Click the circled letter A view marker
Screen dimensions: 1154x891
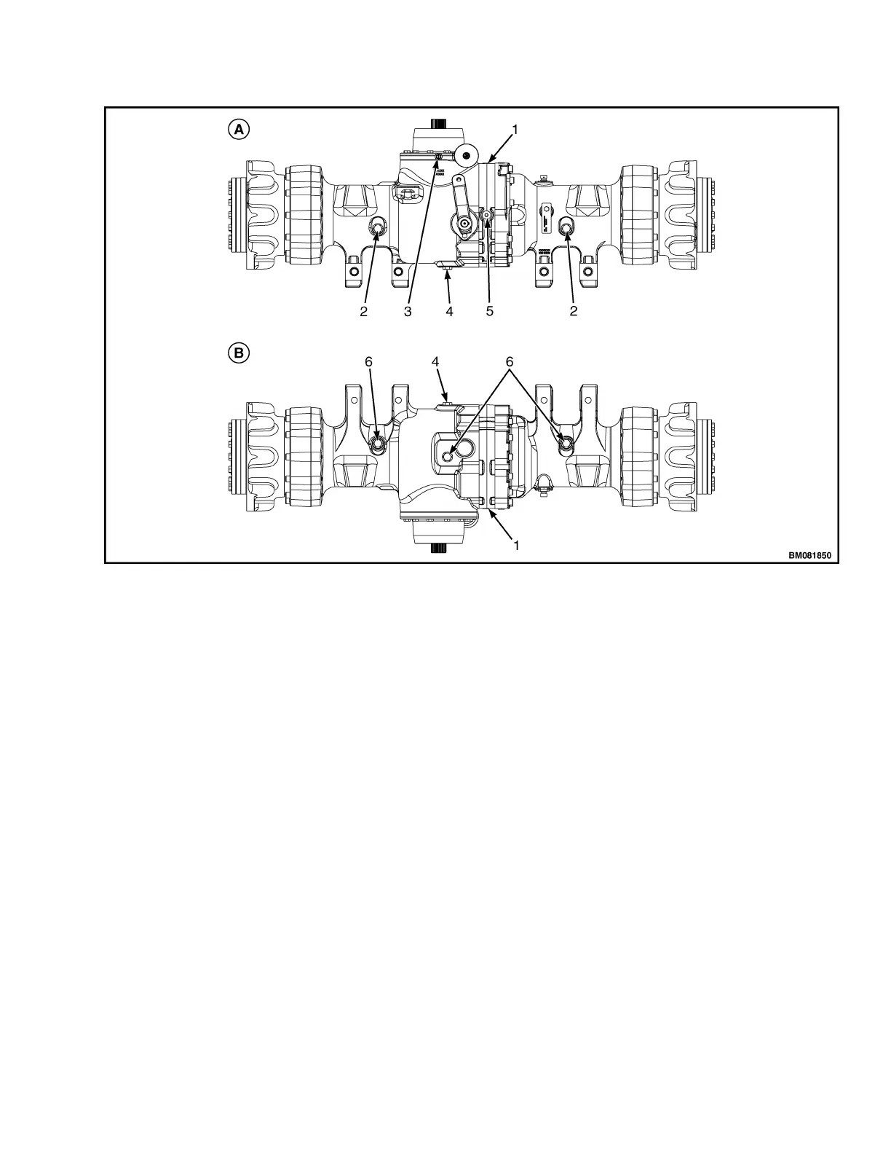pos(238,130)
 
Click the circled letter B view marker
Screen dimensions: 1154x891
pos(238,353)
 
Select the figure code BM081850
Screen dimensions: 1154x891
pos(809,555)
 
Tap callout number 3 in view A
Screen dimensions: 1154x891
pos(408,311)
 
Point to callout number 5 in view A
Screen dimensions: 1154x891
pos(490,311)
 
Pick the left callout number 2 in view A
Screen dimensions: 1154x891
pos(363,311)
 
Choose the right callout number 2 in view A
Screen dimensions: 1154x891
pos(574,311)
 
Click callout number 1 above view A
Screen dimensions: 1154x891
pos(515,130)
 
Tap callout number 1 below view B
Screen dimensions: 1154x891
pos(516,545)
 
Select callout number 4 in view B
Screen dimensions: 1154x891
pos(435,361)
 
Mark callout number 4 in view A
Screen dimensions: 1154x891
pos(449,311)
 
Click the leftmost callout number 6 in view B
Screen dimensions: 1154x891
pos(369,361)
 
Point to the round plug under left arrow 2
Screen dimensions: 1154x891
pos(379,228)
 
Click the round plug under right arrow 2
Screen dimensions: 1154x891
pos(566,228)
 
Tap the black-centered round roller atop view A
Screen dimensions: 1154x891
pos(466,154)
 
